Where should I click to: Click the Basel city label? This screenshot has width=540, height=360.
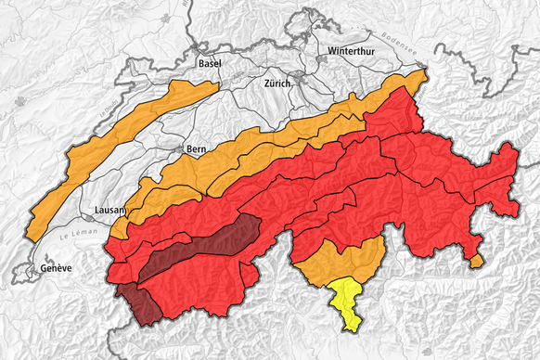(x=210, y=63)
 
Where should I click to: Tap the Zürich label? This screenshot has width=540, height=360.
(x=278, y=83)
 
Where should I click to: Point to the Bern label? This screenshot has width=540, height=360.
(x=196, y=148)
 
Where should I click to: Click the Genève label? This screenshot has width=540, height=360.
(x=56, y=268)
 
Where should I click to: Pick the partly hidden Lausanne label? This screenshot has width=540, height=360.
(x=110, y=210)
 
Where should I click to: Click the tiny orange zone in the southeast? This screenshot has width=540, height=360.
(x=477, y=262)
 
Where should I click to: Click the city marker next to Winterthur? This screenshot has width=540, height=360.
(x=322, y=58)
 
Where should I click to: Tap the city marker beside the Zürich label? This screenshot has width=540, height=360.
(x=298, y=83)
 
